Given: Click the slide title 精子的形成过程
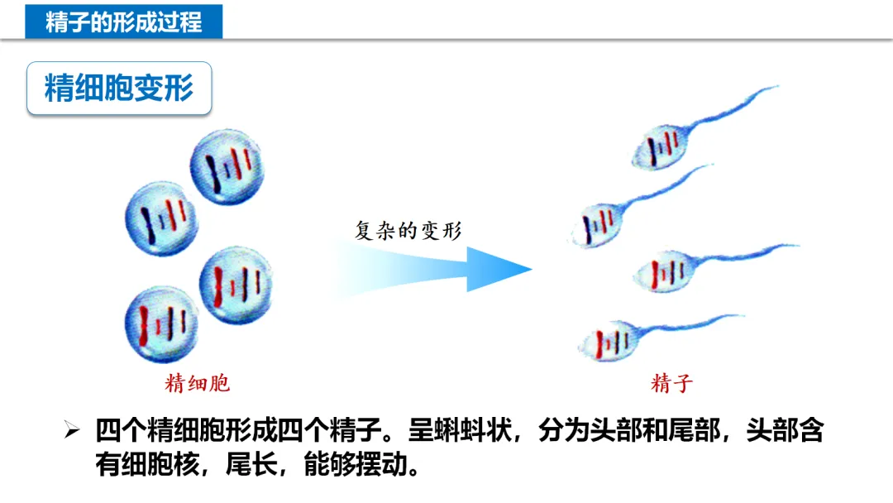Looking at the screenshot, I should [123, 21].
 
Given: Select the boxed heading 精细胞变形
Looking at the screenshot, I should [119, 88].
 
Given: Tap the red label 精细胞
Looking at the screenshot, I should [197, 383].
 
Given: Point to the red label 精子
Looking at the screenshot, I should [671, 383].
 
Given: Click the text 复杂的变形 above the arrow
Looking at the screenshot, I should [408, 231].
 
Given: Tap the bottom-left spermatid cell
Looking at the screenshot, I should [161, 323].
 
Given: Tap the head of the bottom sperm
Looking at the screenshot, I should [609, 340].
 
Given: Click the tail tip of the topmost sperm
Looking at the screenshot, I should [776, 87].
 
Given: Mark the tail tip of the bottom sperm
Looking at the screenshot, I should [743, 315].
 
